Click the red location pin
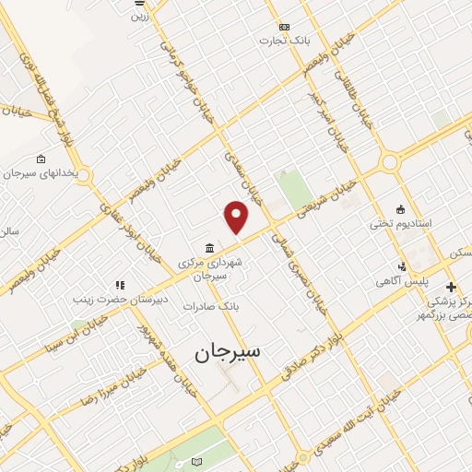coord(237,218)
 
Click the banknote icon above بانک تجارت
coord(284,27)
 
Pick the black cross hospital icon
coord(451,287)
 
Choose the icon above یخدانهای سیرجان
coord(40,159)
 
